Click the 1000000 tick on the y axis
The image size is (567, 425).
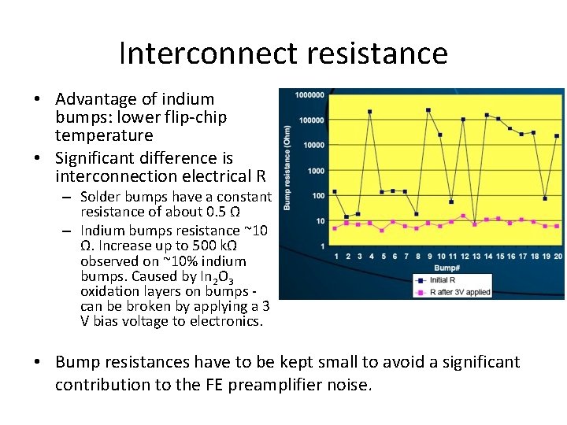click(x=309, y=95)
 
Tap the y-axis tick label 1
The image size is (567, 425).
click(x=322, y=246)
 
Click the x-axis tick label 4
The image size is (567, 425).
click(x=370, y=257)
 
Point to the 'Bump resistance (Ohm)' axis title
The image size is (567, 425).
click(x=287, y=168)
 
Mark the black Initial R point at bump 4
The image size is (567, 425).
click(x=370, y=112)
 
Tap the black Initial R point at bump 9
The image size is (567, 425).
click(x=428, y=110)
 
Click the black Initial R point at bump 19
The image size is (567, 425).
click(x=545, y=198)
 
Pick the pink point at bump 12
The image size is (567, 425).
click(x=463, y=216)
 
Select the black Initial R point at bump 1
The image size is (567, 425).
click(x=335, y=191)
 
